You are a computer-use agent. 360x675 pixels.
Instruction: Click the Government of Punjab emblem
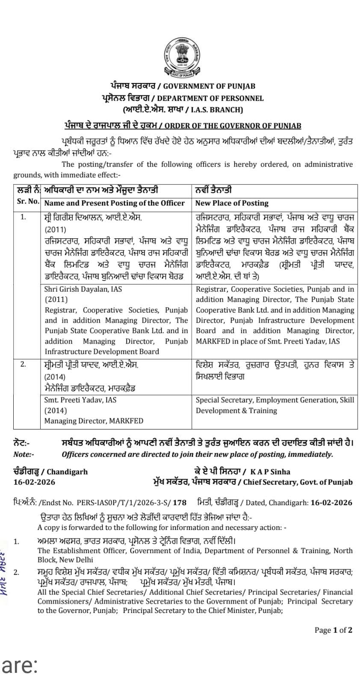(x=180, y=57)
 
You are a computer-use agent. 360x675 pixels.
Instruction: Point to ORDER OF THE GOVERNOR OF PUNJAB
(x=233, y=126)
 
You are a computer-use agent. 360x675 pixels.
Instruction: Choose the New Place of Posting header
(x=232, y=203)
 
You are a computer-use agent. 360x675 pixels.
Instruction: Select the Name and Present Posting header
(x=115, y=203)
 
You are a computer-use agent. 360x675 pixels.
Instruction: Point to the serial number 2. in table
(x=23, y=364)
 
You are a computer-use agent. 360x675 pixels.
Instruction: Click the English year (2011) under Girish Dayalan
(x=56, y=299)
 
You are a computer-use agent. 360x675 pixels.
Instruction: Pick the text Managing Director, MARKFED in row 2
(x=94, y=421)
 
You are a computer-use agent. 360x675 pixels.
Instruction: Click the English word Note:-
(x=24, y=454)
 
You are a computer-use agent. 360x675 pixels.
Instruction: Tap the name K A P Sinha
(x=270, y=472)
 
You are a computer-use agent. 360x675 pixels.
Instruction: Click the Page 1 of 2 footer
(x=333, y=630)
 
